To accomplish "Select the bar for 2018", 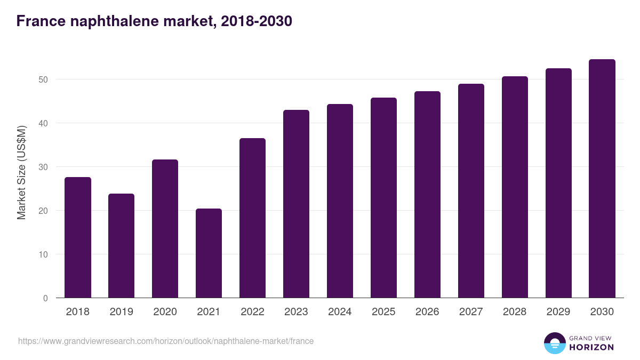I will point(78,237).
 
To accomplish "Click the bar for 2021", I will point(209,253).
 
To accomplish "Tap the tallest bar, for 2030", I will point(602,179).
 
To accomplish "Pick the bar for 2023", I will point(296,204).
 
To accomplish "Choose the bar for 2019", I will point(122,246).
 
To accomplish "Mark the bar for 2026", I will point(427,195).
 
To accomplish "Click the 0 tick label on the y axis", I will point(46,298).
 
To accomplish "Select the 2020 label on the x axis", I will point(165,312).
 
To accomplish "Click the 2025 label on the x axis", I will point(383,312).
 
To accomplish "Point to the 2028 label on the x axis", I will point(515,312).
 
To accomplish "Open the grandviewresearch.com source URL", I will point(166,341).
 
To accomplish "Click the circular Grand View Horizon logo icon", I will point(555,343).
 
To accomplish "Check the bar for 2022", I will point(252,218).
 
